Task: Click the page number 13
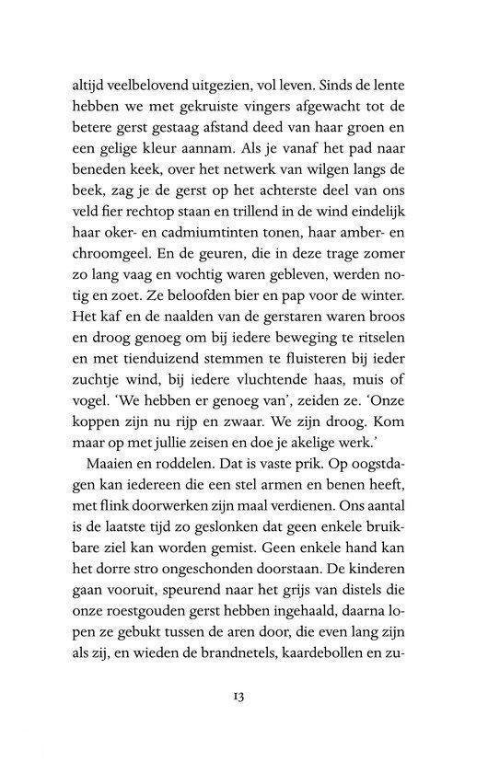[x=243, y=689]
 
